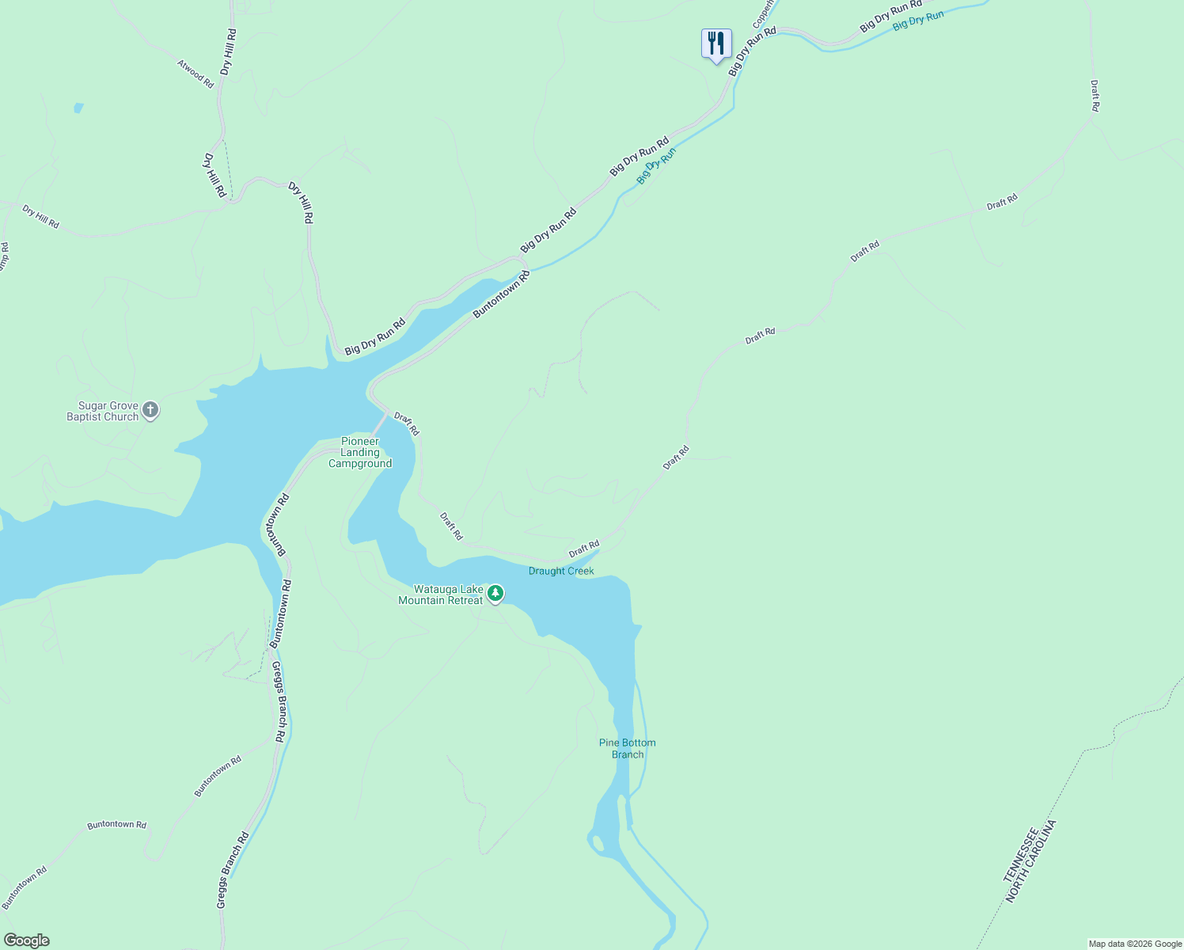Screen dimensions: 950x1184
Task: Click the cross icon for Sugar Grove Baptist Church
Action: (150, 411)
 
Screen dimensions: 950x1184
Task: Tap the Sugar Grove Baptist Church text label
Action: (103, 412)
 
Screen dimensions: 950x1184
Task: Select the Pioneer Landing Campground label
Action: (360, 453)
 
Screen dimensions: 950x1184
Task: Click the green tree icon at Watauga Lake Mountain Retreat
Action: (495, 593)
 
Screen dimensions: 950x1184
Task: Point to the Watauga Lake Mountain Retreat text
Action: (441, 595)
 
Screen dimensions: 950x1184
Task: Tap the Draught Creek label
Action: (561, 572)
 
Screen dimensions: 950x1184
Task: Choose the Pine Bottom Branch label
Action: (627, 749)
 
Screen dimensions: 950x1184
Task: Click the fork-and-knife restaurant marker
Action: (715, 44)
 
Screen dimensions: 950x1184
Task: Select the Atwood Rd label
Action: (195, 74)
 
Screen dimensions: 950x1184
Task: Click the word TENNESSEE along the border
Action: (1021, 856)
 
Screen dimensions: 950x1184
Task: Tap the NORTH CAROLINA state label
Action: (1032, 862)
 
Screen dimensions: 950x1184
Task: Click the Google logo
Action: (26, 940)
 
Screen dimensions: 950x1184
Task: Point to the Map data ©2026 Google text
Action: (1135, 944)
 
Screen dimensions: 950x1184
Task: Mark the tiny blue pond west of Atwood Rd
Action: (78, 108)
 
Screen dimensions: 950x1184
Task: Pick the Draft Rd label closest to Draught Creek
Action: (584, 549)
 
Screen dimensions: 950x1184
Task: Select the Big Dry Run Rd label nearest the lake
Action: (375, 336)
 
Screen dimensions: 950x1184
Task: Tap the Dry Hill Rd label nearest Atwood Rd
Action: (228, 52)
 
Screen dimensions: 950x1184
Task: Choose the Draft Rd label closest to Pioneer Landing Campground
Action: (407, 424)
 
